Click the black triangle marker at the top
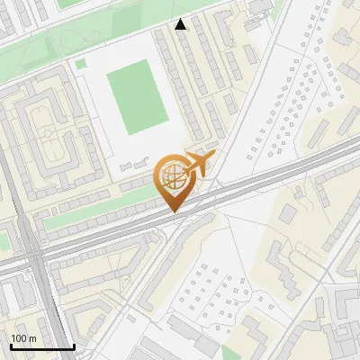tap(181, 24)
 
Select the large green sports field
tap(137, 97)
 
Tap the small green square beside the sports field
tap(81, 64)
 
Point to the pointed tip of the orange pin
tap(172, 212)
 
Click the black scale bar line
tap(40, 346)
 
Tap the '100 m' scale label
tap(23, 338)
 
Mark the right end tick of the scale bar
tap(73, 345)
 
